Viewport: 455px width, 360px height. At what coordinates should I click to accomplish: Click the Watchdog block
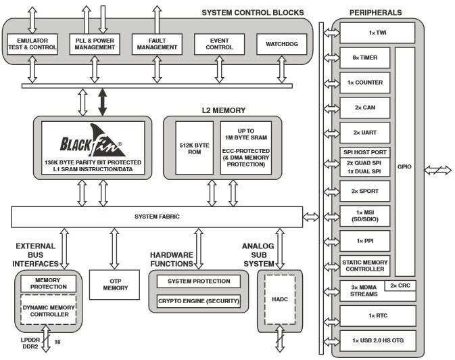click(x=281, y=45)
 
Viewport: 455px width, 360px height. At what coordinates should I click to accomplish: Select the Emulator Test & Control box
click(x=32, y=45)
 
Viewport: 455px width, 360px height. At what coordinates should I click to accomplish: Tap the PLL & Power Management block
click(x=94, y=45)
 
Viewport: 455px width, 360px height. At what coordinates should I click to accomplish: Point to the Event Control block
click(x=218, y=45)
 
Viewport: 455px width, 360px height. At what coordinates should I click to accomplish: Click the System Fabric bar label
click(x=156, y=217)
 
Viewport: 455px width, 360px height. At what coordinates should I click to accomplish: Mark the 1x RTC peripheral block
click(x=375, y=315)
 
